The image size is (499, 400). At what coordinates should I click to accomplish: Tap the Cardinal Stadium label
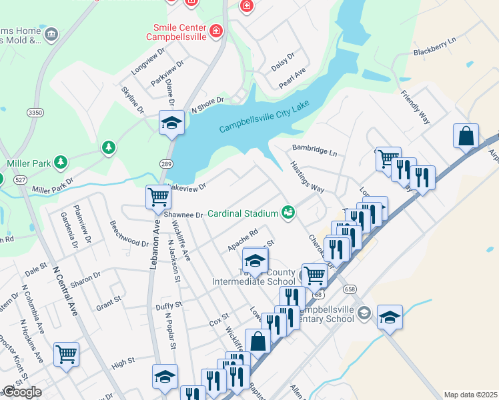[x=242, y=214]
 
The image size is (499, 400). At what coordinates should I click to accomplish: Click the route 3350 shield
[x=35, y=113]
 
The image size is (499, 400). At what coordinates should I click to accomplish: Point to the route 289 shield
[x=167, y=163]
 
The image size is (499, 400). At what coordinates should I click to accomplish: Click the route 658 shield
[x=350, y=289]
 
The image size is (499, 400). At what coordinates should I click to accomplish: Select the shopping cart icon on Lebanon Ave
[x=158, y=197]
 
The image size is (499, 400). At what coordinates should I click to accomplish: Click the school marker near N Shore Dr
[x=171, y=123]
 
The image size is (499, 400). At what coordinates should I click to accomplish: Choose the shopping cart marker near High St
[x=66, y=354]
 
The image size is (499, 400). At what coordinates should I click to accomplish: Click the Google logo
[x=21, y=392]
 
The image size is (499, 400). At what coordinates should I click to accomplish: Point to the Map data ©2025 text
[x=470, y=395]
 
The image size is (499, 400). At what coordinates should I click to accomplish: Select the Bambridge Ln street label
[x=314, y=150]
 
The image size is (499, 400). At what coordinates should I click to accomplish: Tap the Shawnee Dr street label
[x=183, y=215]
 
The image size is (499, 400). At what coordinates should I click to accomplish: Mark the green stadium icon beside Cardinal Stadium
[x=288, y=213]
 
